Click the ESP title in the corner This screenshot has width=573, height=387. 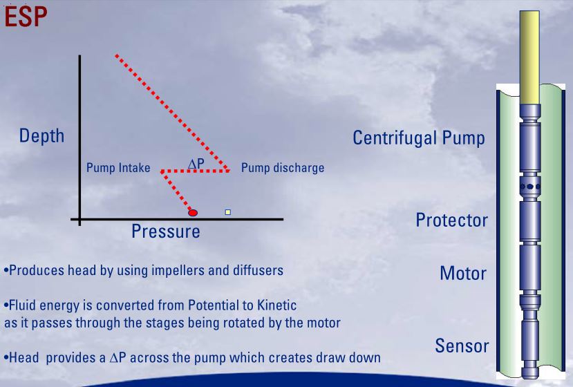click(26, 17)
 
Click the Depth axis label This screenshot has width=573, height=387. click(41, 135)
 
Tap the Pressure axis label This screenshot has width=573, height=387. click(166, 232)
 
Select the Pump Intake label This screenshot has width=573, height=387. click(118, 168)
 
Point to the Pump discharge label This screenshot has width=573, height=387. click(282, 168)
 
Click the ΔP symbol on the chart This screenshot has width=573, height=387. click(196, 163)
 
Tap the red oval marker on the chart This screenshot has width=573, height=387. click(193, 212)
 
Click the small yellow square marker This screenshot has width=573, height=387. click(227, 212)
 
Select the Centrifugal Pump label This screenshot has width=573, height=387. click(418, 138)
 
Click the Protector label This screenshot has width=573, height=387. click(451, 220)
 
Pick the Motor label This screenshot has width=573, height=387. click(463, 274)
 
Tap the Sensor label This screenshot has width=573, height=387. click(462, 346)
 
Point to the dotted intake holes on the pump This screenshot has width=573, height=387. click(530, 186)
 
